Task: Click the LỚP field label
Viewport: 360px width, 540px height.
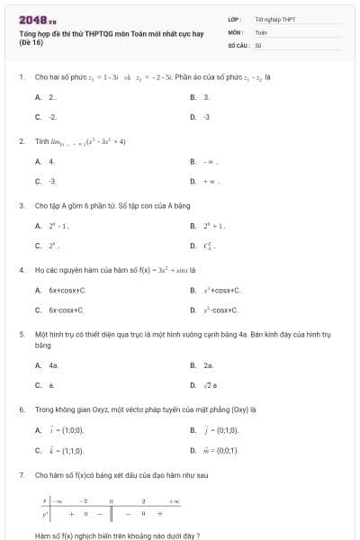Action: click(233, 19)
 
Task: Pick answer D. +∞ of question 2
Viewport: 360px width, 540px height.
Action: click(210, 181)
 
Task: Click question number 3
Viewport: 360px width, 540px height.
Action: click(21, 205)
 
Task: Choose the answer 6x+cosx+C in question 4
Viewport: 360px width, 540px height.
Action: click(65, 291)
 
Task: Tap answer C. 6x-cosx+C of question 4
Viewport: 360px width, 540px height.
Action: click(65, 310)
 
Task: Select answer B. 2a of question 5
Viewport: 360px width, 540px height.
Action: click(206, 365)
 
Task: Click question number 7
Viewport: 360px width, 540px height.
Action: click(21, 474)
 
